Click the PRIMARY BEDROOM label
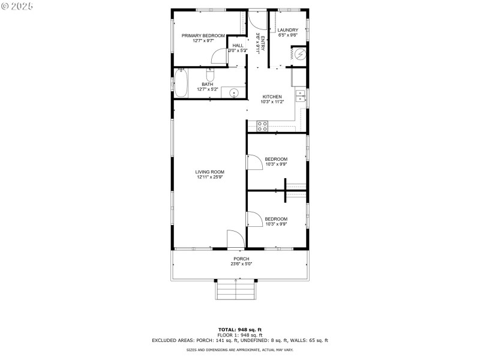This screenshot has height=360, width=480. coord(203,35)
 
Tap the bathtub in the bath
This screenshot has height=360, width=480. coord(181,82)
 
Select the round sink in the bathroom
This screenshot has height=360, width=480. coord(234,92)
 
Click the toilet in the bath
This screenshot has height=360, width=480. coord(210,76)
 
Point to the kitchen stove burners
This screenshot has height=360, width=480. coord(262,125)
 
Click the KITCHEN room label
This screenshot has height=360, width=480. coord(272,97)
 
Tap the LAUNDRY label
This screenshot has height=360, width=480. coord(287,30)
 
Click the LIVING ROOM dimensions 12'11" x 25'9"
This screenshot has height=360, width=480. coord(210,177)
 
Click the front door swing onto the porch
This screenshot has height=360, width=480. coord(235,239)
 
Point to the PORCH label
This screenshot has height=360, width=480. coord(241,259)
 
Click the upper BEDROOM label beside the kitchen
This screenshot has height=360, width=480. coord(276,159)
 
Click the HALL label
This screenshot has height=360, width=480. coord(238,46)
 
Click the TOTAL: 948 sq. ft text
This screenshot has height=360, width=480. coord(239,329)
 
